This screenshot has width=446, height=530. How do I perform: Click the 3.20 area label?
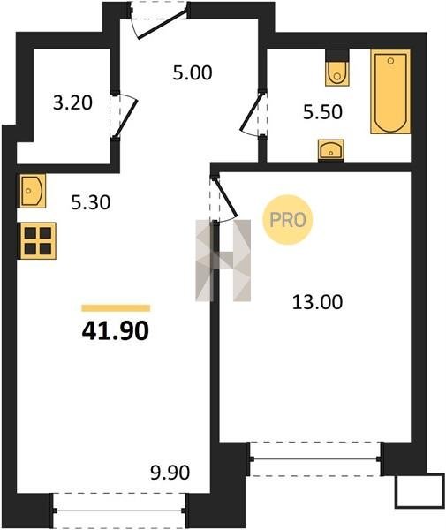pyautogui.click(x=72, y=102)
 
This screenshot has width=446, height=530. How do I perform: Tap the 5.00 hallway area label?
pyautogui.click(x=193, y=72)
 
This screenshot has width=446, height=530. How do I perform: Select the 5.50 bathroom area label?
pyautogui.click(x=322, y=112)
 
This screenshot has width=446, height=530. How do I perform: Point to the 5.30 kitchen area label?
pyautogui.click(x=91, y=203)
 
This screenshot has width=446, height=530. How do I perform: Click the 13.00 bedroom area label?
pyautogui.click(x=317, y=302)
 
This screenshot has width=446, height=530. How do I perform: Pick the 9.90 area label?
pyautogui.click(x=170, y=473)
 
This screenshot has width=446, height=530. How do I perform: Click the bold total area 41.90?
pyautogui.click(x=115, y=330)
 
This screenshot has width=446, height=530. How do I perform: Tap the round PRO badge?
pyautogui.click(x=288, y=220)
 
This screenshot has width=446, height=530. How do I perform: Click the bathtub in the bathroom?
pyautogui.click(x=390, y=92)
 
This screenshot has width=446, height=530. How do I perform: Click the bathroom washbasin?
pyautogui.click(x=331, y=150)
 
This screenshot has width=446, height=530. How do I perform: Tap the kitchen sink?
pyautogui.click(x=32, y=191)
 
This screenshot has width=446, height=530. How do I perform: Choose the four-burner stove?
pyautogui.click(x=38, y=241)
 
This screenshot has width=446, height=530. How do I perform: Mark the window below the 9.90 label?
pyautogui.click(x=119, y=511)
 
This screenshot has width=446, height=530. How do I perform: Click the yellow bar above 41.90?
pyautogui.click(x=116, y=308)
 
